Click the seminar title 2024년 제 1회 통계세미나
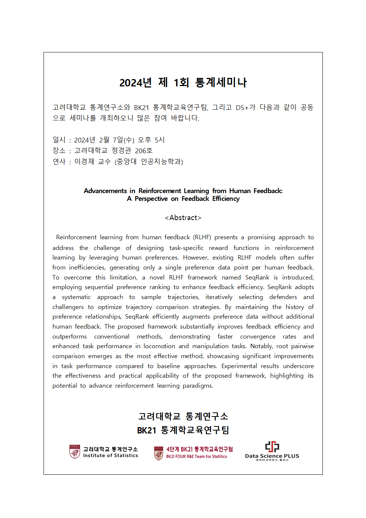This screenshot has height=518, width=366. (x=183, y=82)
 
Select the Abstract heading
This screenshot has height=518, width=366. (x=183, y=218)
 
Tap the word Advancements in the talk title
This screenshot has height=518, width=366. (x=105, y=191)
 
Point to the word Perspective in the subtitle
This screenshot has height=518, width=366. (x=151, y=199)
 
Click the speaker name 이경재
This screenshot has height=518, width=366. (x=84, y=162)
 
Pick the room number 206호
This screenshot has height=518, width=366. (x=144, y=151)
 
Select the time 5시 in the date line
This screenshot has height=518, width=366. (x=159, y=140)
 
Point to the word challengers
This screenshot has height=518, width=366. (x=68, y=307)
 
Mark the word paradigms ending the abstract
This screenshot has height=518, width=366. (x=198, y=386)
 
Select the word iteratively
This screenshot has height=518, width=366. (x=219, y=297)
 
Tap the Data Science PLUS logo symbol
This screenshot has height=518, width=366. (x=272, y=446)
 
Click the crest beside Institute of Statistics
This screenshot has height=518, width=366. (x=75, y=452)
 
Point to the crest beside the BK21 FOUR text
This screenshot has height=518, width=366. (x=159, y=453)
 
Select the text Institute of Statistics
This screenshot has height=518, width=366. (x=110, y=456)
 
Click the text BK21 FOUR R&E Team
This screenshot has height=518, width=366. (x=185, y=457)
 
